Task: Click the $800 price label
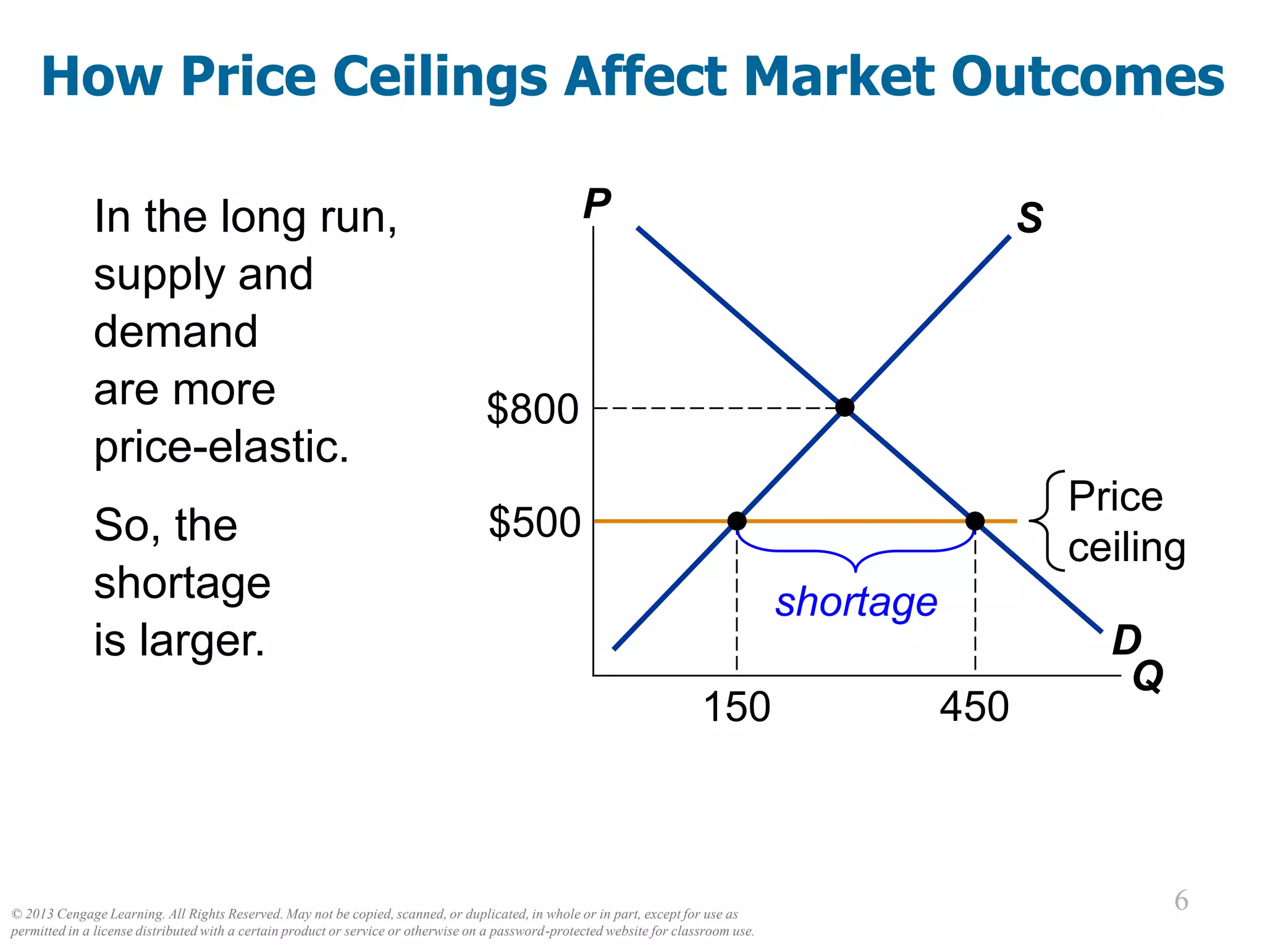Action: (532, 409)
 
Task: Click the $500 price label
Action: (534, 523)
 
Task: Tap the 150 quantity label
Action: (737, 707)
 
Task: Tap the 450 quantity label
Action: (974, 707)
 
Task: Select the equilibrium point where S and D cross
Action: (844, 407)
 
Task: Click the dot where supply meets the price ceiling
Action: (737, 521)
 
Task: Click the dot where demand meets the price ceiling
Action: (975, 521)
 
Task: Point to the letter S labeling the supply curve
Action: (1030, 218)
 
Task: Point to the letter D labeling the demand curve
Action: (1127, 640)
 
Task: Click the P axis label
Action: (597, 204)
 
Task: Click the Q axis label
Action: (1148, 676)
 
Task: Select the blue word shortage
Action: (856, 602)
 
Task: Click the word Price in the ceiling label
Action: (1116, 496)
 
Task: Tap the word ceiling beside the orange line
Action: (1127, 548)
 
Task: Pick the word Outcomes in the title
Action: (1087, 77)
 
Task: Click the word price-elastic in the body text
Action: (221, 446)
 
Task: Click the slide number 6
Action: (1181, 900)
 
